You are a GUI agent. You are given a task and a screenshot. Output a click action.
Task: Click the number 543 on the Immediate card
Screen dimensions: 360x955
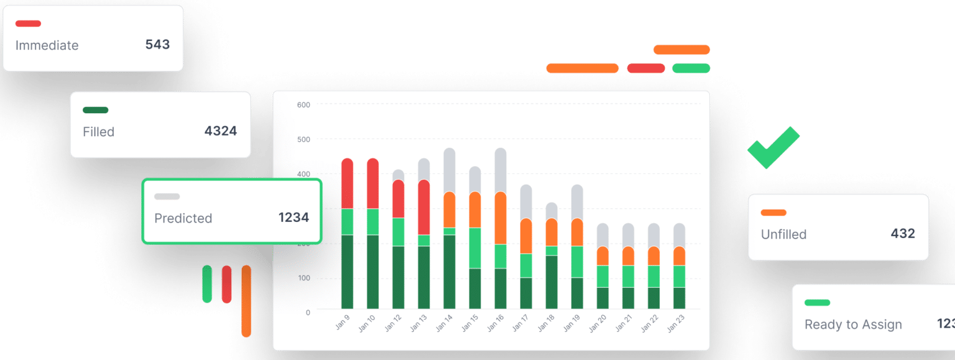[157, 45]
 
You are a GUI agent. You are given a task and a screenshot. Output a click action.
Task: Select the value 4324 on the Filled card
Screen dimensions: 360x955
[220, 131]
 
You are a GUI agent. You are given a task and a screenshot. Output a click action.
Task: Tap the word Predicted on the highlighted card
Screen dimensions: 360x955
[183, 218]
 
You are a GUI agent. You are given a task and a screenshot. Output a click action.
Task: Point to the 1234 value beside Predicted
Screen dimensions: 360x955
[293, 218]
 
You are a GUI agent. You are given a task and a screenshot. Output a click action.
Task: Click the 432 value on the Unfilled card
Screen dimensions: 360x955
[903, 234]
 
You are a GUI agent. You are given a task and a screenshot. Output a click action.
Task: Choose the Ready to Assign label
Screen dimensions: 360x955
[852, 325]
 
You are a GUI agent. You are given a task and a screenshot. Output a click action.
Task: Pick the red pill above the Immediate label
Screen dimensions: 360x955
[28, 24]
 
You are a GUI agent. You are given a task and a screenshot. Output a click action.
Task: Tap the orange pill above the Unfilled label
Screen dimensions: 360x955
[773, 213]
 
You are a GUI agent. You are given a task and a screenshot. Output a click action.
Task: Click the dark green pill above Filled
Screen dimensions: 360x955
[95, 110]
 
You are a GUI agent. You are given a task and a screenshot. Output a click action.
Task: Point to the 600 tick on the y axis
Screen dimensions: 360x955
[303, 105]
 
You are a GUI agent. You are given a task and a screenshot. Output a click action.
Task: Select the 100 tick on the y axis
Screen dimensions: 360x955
[303, 278]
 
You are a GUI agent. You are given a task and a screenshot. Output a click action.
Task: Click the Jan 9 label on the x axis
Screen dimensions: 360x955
[343, 322]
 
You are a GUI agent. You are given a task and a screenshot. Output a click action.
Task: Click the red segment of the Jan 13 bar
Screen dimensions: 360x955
[423, 207]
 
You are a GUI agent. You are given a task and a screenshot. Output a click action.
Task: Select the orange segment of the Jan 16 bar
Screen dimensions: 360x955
[500, 218]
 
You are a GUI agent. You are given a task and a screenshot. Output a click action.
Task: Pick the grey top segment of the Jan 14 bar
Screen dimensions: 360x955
[449, 170]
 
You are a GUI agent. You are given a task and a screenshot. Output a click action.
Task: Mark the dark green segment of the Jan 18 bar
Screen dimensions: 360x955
[551, 282]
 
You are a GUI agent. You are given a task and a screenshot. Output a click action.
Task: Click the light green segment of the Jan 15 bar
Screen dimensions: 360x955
[474, 247]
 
